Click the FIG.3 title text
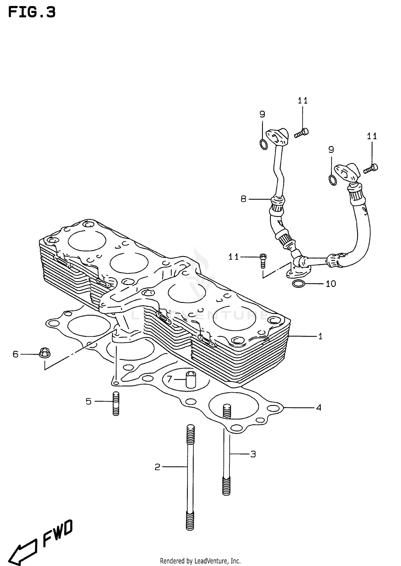32,12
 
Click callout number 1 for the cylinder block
320,336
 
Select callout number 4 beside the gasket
318,408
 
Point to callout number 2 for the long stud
157,467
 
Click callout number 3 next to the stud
253,454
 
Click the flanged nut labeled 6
44,353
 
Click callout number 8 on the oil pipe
243,199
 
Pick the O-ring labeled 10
299,284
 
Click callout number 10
331,284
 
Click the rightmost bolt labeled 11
371,168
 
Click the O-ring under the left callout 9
263,144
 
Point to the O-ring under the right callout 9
333,180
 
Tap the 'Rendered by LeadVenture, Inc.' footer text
200,561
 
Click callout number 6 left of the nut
16,354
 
